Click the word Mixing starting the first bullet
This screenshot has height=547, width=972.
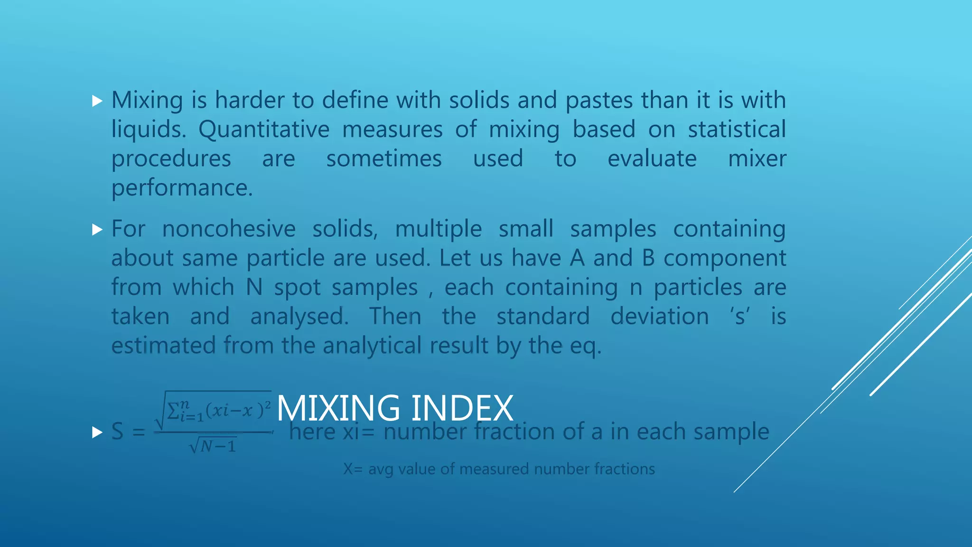click(x=147, y=101)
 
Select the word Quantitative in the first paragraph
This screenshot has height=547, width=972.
click(x=263, y=130)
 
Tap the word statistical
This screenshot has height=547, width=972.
click(x=737, y=130)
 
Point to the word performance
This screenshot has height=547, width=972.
click(x=182, y=188)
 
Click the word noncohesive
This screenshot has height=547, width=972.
click(x=229, y=229)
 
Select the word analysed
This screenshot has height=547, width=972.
click(x=299, y=317)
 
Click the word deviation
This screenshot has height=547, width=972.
click(x=659, y=317)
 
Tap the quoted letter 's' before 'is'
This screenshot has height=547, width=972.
click(x=739, y=317)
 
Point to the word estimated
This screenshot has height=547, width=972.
click(x=163, y=346)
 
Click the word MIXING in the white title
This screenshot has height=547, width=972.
click(x=338, y=408)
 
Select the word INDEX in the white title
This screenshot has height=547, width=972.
click(x=462, y=408)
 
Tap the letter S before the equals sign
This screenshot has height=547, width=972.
click(x=117, y=432)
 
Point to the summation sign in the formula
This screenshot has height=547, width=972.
click(x=174, y=411)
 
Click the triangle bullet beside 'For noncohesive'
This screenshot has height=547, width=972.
click(x=97, y=230)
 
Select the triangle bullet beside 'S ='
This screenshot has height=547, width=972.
click(x=97, y=432)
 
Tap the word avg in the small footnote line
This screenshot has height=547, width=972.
click(x=381, y=470)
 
